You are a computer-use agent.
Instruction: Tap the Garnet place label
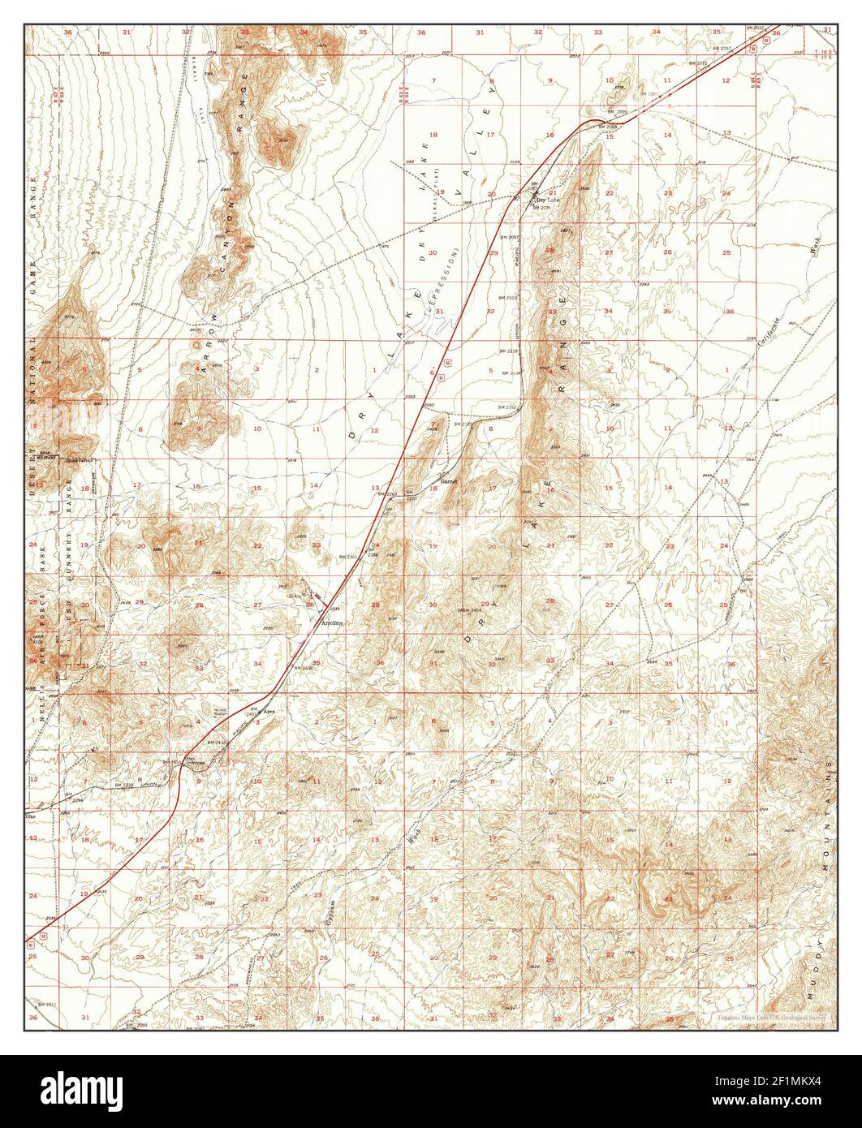click(449, 481)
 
